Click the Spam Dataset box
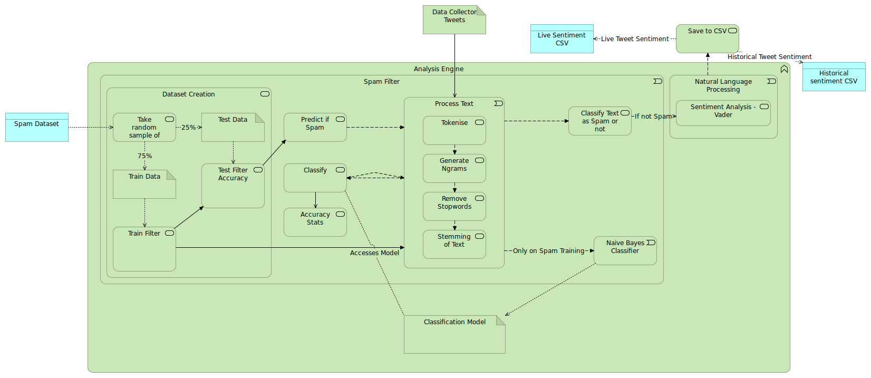[x=36, y=127]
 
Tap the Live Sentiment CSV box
[x=562, y=39]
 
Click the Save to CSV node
[x=707, y=38]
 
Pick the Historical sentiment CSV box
[x=834, y=77]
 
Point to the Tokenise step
[x=454, y=130]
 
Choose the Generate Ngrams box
[x=454, y=168]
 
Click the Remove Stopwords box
[x=454, y=206]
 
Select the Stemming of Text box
[x=454, y=244]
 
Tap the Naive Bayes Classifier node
[x=625, y=250]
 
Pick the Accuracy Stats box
[x=315, y=222]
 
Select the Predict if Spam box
[x=315, y=127]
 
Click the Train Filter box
[x=144, y=249]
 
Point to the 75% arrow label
[x=145, y=156]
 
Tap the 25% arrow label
[x=188, y=128]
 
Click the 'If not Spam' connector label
[x=653, y=117]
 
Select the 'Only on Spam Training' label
[x=548, y=251]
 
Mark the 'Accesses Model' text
[x=374, y=253]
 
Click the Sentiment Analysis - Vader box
[x=723, y=113]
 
